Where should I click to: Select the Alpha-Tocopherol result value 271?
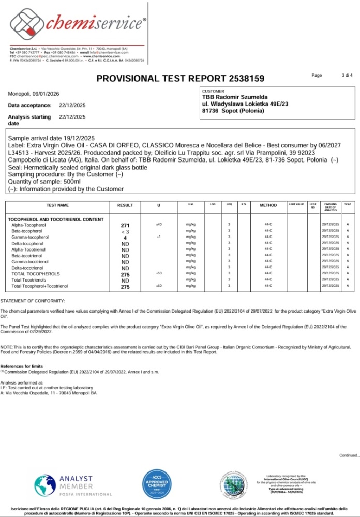125,226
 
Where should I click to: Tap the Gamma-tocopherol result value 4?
125,238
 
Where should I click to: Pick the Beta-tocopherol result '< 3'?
125,232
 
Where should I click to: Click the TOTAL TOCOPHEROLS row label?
36,274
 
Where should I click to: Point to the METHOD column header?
268,205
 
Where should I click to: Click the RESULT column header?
125,205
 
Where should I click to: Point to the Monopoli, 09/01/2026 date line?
34,94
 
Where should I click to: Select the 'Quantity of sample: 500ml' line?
44,182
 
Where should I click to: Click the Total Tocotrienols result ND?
125,280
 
